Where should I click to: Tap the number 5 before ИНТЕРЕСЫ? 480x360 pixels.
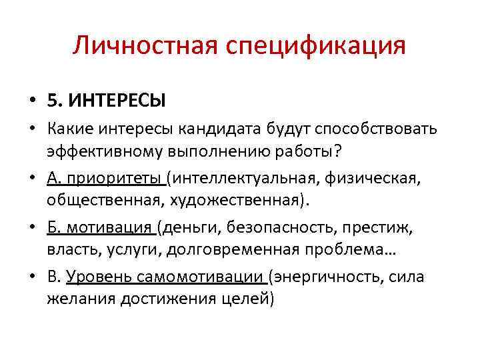pos(52,101)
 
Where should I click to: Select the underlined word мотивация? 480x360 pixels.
pos(113,228)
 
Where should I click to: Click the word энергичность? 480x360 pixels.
pos(326,277)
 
